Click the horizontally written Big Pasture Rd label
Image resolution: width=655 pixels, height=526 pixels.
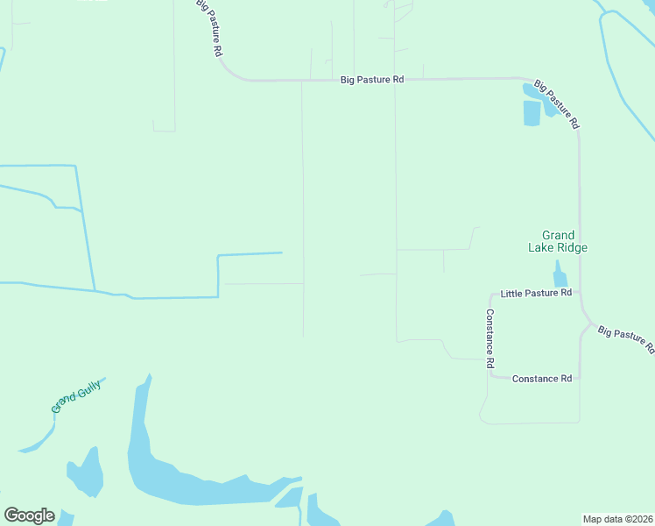pyautogui.click(x=372, y=79)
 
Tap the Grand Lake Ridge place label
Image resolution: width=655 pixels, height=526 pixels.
pyautogui.click(x=558, y=241)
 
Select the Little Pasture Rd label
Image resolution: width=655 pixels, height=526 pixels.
pyautogui.click(x=535, y=293)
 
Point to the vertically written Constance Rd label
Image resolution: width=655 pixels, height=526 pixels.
pyautogui.click(x=491, y=338)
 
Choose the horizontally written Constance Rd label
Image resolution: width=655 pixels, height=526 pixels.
pyautogui.click(x=541, y=379)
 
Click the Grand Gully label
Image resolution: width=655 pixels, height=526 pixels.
pyautogui.click(x=77, y=396)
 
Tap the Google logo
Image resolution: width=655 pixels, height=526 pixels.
pyautogui.click(x=29, y=515)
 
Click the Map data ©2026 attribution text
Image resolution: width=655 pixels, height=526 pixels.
pyautogui.click(x=618, y=519)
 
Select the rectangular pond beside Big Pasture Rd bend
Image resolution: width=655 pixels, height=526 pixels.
pyautogui.click(x=532, y=113)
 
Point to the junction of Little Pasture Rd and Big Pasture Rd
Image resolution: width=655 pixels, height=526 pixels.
pyautogui.click(x=579, y=293)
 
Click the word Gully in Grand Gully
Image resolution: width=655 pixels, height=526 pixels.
pyautogui.click(x=88, y=390)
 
